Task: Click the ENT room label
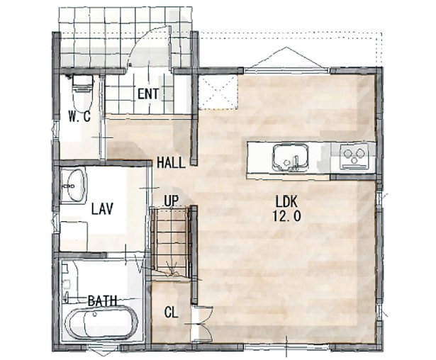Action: point(148,94)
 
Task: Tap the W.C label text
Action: point(79,116)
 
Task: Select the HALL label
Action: point(171,162)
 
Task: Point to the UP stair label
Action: point(172,201)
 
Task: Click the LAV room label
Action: point(102,209)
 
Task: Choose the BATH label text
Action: point(102,300)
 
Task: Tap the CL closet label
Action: point(171,313)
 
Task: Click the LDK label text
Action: point(286,201)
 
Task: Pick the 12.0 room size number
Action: point(286,215)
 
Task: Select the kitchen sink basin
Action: point(291,157)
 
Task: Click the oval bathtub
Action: point(101,324)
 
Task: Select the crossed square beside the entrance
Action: point(218,91)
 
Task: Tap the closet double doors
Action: point(202,324)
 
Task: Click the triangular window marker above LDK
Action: point(286,57)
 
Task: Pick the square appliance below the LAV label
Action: point(74,236)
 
